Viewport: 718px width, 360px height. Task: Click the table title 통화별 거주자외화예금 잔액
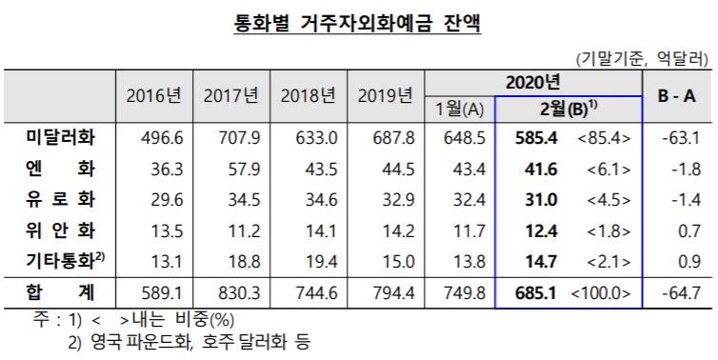[358, 22]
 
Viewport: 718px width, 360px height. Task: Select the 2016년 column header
[153, 96]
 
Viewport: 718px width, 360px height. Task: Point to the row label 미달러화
[63, 139]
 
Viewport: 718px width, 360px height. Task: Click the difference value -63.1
[681, 139]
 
